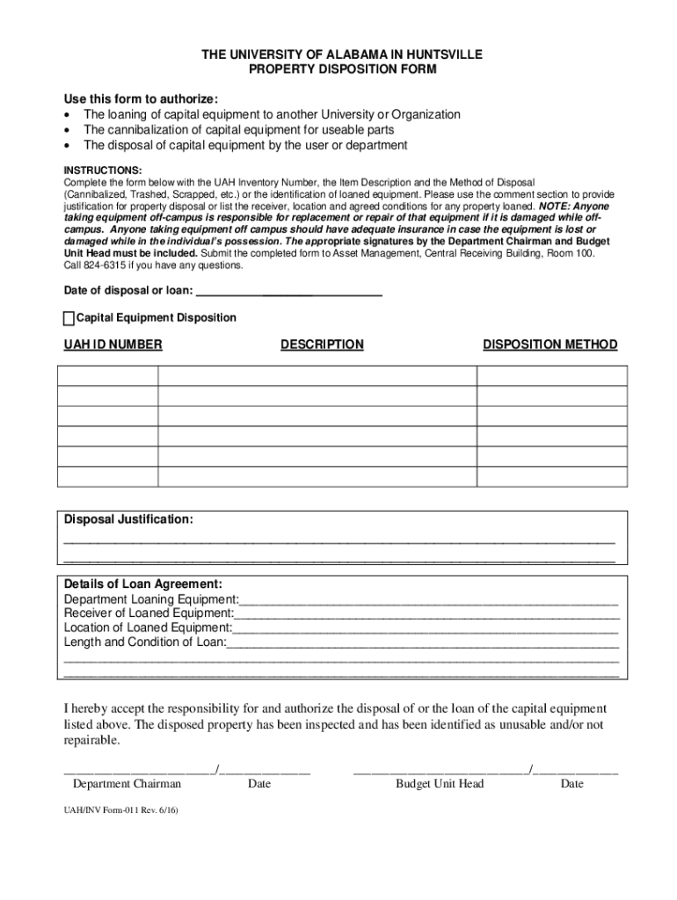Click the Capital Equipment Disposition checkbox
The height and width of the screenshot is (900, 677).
point(69,318)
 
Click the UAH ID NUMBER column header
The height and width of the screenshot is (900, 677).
point(113,345)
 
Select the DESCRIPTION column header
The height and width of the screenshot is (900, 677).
point(322,345)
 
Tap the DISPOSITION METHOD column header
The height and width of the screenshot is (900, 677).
point(550,345)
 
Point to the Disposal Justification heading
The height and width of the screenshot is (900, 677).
point(128,519)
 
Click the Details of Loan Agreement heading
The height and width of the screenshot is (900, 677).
point(143,584)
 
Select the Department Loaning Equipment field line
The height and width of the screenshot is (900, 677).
point(429,600)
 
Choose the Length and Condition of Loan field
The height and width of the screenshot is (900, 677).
point(423,642)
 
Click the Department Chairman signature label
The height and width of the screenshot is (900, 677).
point(127,784)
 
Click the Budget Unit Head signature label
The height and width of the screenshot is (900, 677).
point(440,784)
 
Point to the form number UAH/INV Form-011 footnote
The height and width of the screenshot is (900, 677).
point(120,812)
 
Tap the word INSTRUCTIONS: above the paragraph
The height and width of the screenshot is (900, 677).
point(102,170)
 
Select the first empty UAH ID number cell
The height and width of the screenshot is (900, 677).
point(107,376)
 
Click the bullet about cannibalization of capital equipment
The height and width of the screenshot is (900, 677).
point(238,130)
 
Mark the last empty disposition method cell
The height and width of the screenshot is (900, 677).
point(551,476)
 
